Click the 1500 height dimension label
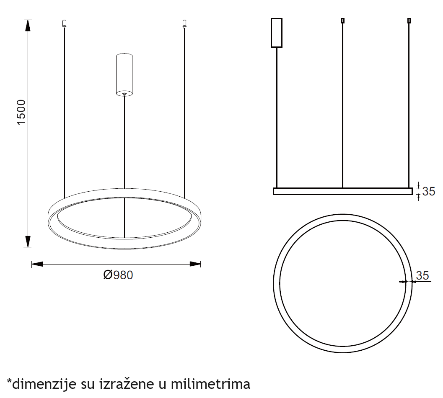[21, 112]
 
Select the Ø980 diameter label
[118, 275]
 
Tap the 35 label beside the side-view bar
[428, 192]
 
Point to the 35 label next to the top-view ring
[422, 275]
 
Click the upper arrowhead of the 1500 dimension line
[28, 25]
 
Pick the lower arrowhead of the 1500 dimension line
[28, 241]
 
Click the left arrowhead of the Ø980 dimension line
[37, 264]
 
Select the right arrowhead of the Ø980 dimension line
[195, 264]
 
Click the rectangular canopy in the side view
[277, 33]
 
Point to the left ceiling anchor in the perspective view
[64, 23]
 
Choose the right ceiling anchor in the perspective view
[184, 23]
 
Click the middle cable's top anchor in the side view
[343, 20]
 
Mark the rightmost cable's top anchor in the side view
[409, 20]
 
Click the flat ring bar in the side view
[342, 191]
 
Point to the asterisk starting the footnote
[9, 381]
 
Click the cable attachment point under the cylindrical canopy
[124, 94]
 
